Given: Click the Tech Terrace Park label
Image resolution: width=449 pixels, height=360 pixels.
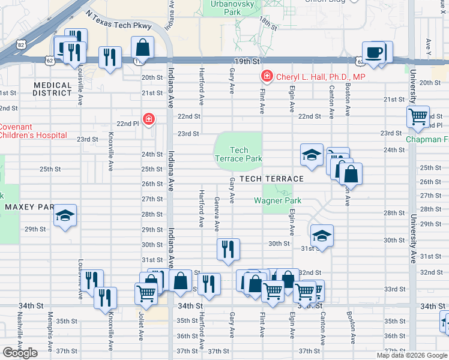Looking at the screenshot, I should [x=239, y=154].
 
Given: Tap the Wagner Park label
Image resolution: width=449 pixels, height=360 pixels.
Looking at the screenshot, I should [x=277, y=200].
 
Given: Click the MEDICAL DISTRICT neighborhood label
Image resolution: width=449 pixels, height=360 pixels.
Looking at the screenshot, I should [x=52, y=89].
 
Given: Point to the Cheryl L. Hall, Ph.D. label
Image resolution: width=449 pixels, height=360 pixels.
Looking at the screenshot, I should [x=320, y=76].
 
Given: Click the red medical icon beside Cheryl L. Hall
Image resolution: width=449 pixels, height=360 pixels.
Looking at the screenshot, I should [x=265, y=76].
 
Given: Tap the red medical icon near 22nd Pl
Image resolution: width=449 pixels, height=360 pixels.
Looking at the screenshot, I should [x=148, y=120].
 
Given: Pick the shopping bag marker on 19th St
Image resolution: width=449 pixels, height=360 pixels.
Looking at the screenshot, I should [x=143, y=47].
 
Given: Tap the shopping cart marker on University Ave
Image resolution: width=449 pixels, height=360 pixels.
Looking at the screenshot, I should [x=418, y=116].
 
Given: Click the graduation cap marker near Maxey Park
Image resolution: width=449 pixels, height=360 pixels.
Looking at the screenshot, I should [x=65, y=217].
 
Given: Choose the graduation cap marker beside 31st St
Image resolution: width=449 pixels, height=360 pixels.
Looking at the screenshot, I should [x=322, y=235].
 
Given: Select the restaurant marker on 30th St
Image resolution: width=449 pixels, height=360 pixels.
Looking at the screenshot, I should [x=228, y=250].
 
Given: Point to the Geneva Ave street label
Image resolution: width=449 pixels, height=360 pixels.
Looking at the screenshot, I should [x=217, y=212].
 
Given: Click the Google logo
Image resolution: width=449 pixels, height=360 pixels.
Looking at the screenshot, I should [x=20, y=352].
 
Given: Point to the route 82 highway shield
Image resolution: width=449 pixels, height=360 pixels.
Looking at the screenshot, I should [x=22, y=44].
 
